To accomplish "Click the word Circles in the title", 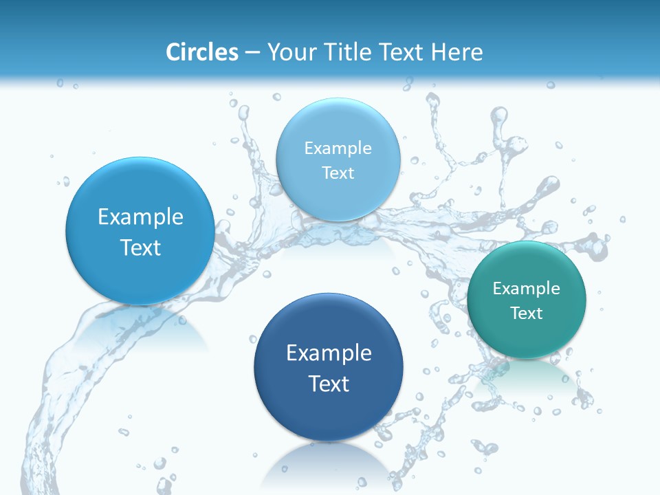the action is [202, 52].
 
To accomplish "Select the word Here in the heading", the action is [456, 52].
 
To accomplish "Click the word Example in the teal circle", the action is [527, 289].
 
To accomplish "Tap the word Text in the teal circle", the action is [527, 313].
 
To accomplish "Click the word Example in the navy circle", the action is [329, 353].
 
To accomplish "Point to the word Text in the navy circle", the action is [329, 384].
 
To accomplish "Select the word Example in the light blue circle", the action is [338, 148].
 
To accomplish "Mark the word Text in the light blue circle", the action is [338, 173].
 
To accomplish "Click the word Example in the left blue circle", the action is [140, 217].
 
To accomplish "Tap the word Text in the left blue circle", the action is [140, 247].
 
